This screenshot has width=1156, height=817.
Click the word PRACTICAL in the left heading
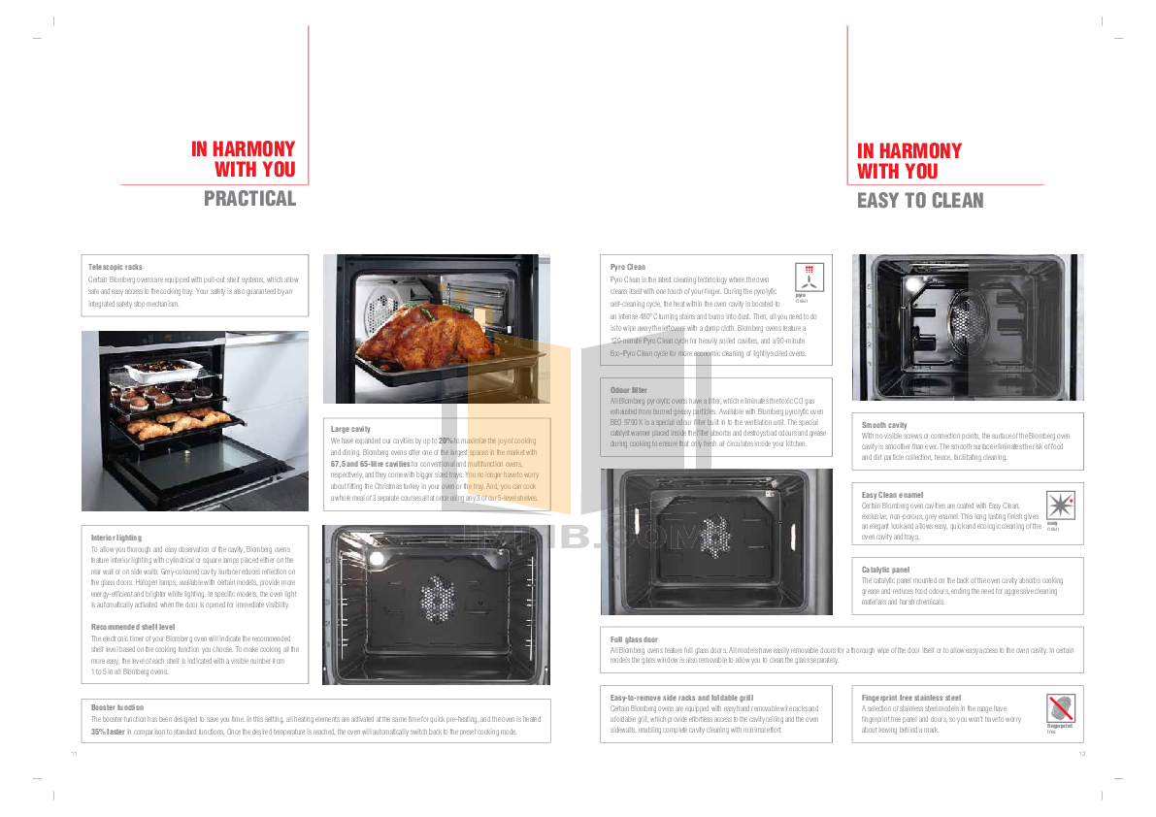(249, 199)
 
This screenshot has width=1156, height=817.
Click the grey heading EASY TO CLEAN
(919, 201)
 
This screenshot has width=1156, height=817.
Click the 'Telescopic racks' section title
(116, 266)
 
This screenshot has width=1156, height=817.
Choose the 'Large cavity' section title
(350, 428)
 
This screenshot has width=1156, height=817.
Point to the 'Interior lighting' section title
(116, 537)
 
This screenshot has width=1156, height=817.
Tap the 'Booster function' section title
(117, 707)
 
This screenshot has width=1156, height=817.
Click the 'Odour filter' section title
(628, 389)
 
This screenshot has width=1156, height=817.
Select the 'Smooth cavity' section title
(884, 425)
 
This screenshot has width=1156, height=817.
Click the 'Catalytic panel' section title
(886, 569)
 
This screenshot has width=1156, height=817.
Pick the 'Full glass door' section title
(634, 639)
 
